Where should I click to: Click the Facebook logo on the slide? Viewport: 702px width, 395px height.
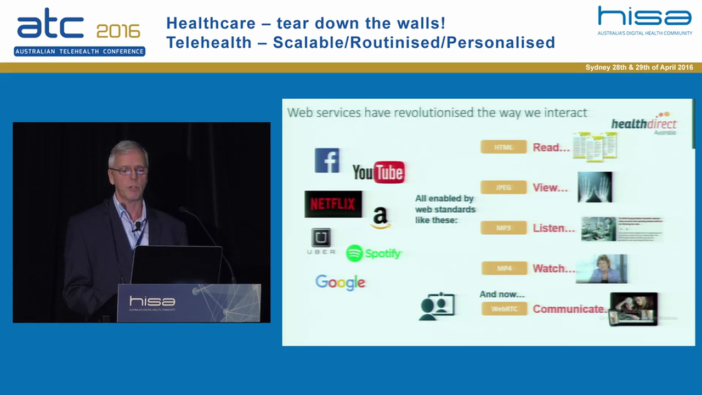click(327, 160)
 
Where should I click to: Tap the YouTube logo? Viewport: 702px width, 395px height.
click(378, 172)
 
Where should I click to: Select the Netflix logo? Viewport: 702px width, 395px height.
click(333, 204)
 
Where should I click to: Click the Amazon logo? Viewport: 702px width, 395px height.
click(381, 218)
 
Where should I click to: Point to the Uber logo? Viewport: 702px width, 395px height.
click(321, 241)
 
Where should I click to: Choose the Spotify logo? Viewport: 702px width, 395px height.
click(374, 253)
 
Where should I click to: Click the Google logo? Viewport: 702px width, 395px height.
click(340, 282)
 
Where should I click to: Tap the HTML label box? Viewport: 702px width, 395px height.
click(503, 147)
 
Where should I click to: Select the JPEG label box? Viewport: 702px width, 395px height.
click(503, 188)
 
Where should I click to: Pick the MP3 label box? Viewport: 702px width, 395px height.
click(503, 228)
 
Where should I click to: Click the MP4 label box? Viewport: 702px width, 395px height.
click(504, 268)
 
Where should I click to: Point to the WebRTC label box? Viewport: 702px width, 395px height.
click(504, 309)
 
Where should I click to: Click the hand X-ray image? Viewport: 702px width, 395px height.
click(595, 187)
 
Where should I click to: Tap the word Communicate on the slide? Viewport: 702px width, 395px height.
click(568, 309)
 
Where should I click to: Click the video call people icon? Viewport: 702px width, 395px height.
click(437, 307)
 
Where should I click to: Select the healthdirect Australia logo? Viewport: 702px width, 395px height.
click(644, 126)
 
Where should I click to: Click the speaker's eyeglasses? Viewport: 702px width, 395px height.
click(128, 171)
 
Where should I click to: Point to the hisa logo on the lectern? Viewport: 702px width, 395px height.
click(152, 301)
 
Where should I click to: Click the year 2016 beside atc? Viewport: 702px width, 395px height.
click(118, 31)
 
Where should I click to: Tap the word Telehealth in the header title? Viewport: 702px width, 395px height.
click(209, 42)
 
